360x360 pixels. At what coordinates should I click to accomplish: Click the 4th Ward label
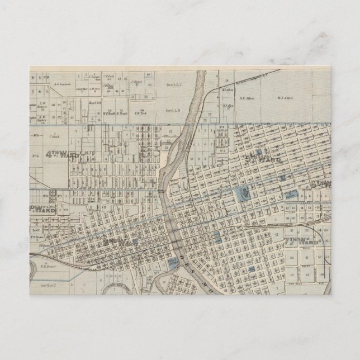click(61, 155)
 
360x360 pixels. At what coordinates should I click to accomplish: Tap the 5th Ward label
click(263, 158)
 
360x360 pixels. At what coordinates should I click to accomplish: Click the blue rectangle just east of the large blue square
click(291, 196)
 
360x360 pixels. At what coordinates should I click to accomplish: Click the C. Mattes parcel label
click(138, 82)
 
